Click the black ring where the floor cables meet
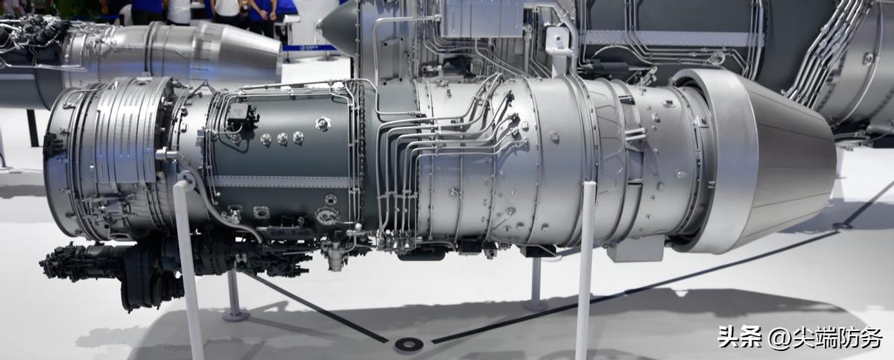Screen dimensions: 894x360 (408, 344)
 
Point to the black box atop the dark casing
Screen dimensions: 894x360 (242, 114)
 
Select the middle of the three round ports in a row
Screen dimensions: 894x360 (282, 139)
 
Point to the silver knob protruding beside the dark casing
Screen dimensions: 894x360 (165, 154)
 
